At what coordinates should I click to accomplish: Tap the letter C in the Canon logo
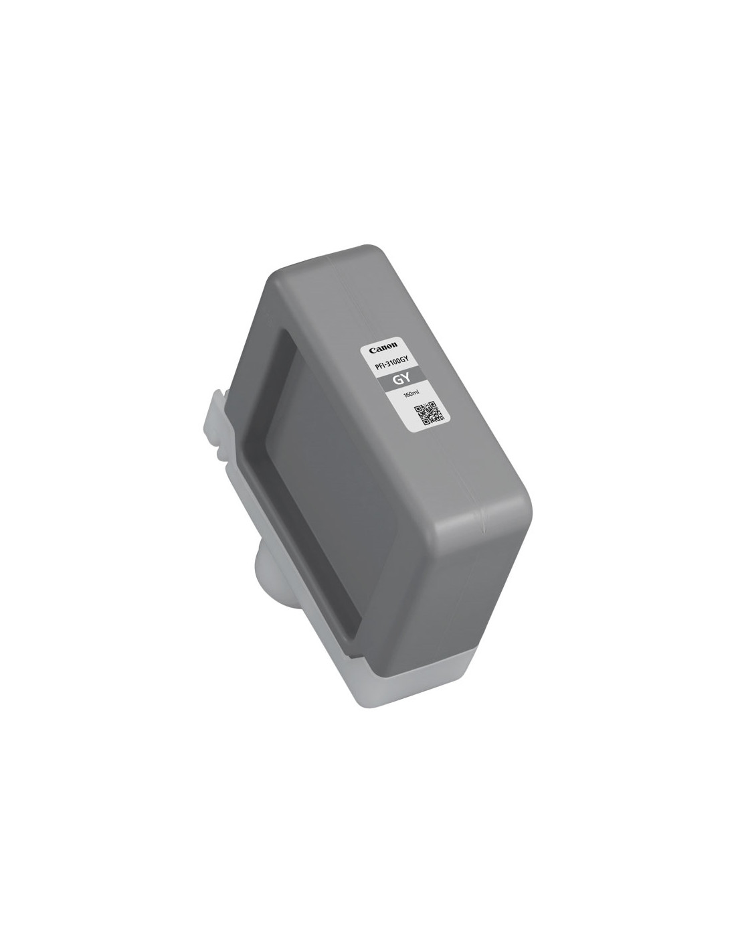[371, 351]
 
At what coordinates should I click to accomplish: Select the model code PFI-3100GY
[392, 363]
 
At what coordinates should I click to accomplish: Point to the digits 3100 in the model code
[393, 363]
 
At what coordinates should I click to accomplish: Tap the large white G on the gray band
[397, 380]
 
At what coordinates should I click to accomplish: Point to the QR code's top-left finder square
[418, 409]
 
